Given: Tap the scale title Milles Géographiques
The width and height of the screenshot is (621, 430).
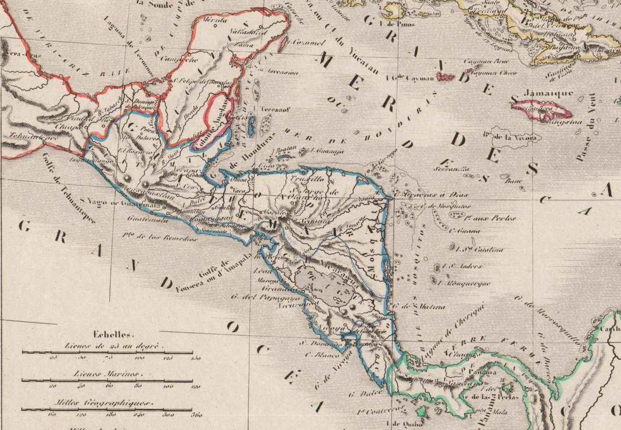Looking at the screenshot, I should tap(107, 402).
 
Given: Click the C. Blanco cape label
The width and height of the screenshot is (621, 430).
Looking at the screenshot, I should tap(314, 355).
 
